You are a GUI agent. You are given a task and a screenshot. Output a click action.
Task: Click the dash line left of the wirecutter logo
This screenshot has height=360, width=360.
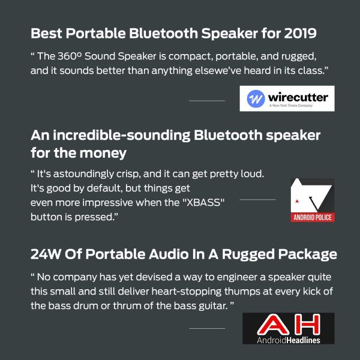pyautogui.click(x=206, y=101)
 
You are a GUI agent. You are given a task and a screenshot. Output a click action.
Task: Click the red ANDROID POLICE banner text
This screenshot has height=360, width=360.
pyautogui.click(x=312, y=217)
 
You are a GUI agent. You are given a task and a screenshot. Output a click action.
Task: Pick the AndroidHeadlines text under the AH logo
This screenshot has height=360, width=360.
pyautogui.click(x=289, y=339)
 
